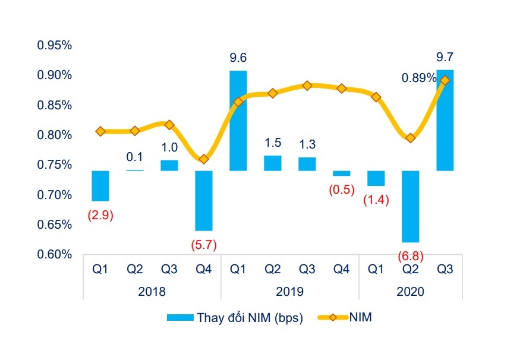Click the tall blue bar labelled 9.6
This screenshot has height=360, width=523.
[238, 121]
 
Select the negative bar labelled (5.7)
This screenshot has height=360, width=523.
[204, 200]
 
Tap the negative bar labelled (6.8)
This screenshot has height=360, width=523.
[411, 206]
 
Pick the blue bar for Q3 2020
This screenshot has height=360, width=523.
[445, 121]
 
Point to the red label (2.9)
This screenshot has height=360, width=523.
[100, 215]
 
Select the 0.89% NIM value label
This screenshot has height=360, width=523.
[418, 78]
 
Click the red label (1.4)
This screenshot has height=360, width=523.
[376, 200]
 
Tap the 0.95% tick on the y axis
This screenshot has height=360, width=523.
[54, 45]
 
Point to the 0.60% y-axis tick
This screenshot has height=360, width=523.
[54, 255]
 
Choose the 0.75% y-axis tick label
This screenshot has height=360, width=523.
[54, 165]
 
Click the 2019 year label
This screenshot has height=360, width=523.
[290, 292]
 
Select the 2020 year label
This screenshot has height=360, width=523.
[410, 292]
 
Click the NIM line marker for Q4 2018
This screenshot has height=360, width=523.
[204, 159]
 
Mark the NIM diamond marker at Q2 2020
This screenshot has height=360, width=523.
[411, 138]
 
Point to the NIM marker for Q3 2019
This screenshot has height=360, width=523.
[307, 86]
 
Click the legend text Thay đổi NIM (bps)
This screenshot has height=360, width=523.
[250, 318]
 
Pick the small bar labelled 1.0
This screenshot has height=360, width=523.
[169, 165]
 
